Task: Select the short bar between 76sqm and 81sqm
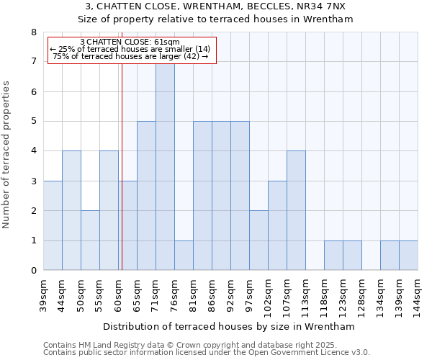(x=184, y=256)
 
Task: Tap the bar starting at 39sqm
(x=53, y=225)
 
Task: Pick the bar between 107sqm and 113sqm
(x=296, y=210)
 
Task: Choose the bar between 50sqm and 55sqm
(x=90, y=240)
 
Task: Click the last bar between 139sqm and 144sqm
(x=408, y=256)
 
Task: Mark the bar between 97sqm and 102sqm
(x=258, y=240)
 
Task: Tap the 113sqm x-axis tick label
(x=305, y=294)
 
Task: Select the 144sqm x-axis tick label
(x=418, y=294)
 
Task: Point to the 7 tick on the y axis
(x=33, y=62)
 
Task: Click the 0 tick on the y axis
(x=33, y=271)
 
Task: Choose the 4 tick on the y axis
(x=33, y=151)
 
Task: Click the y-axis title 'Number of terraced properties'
(x=7, y=154)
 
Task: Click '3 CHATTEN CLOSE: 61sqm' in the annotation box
(x=130, y=42)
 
